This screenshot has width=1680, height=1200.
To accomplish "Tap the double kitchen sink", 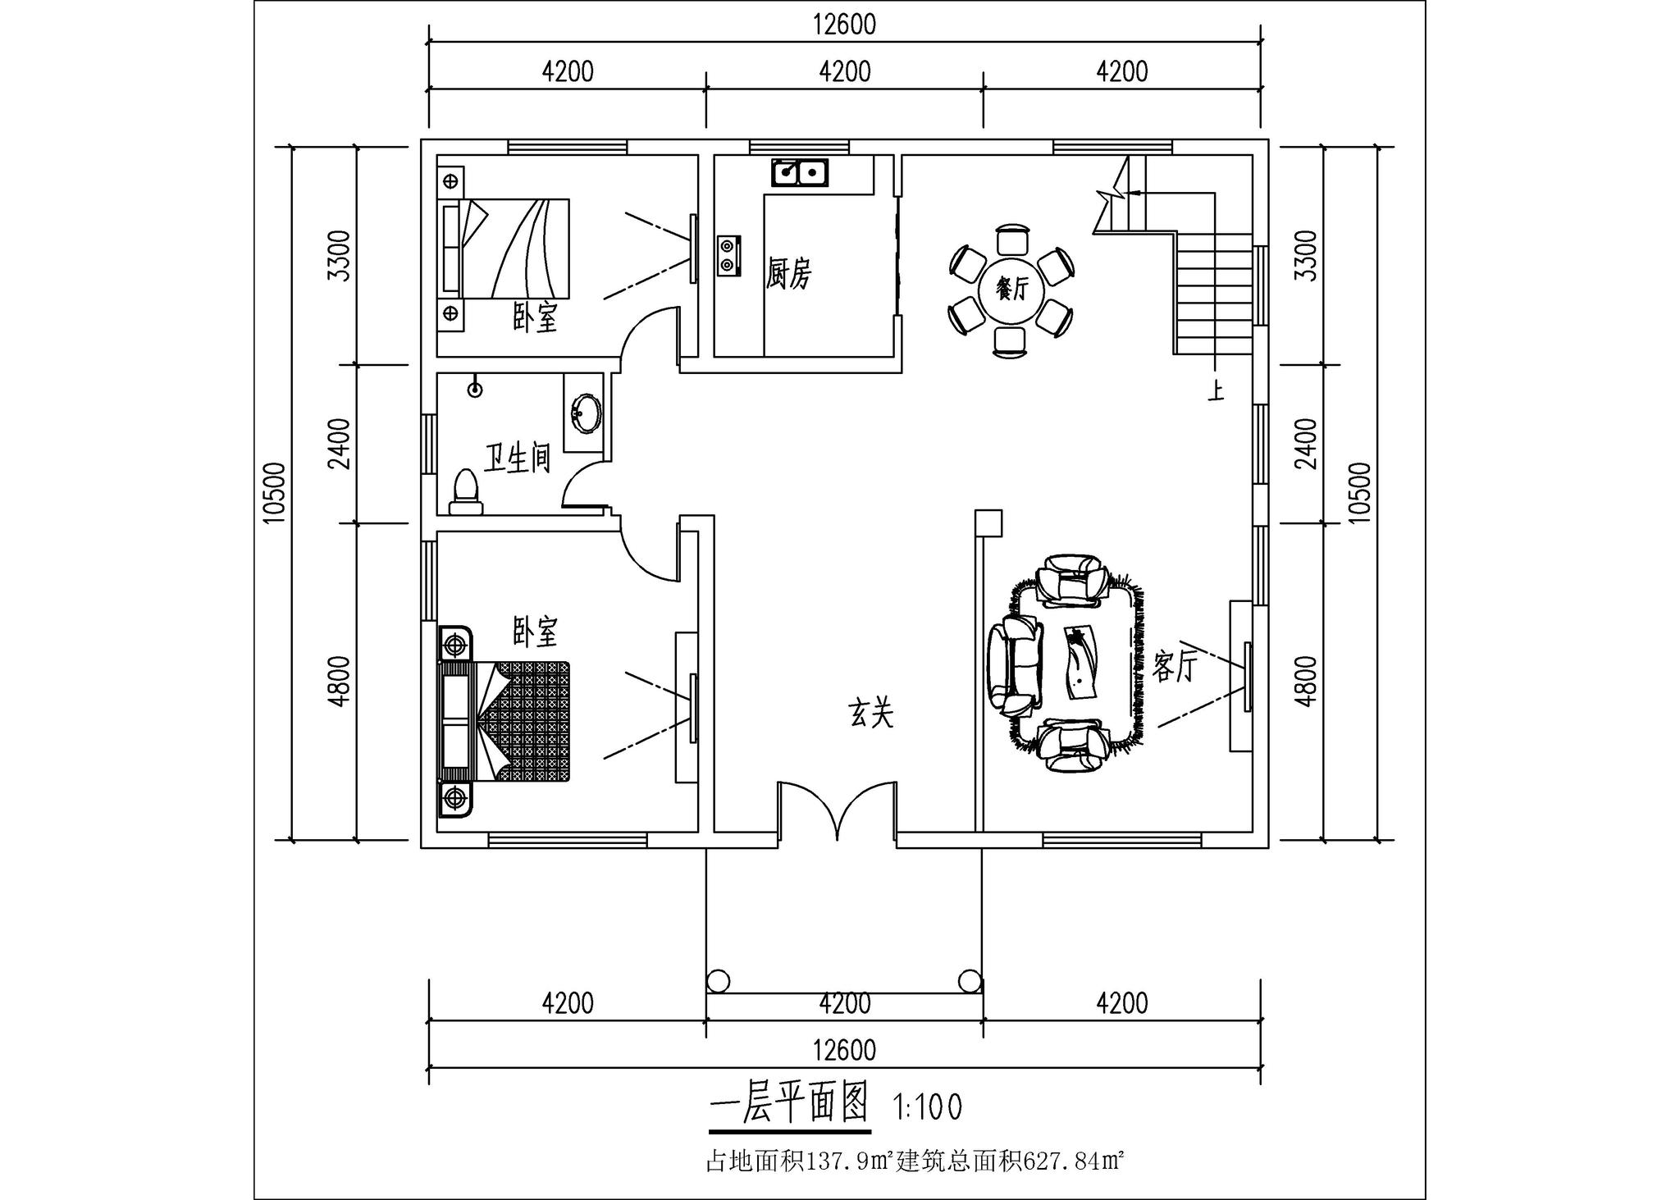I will coord(799,173).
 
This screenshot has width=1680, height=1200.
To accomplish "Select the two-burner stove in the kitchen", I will coord(728,254).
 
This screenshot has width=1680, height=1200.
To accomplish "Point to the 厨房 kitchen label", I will coord(788,273).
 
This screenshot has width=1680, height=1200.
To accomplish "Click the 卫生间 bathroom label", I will coord(516,459).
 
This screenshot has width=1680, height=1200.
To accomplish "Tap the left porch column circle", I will coord(718,980).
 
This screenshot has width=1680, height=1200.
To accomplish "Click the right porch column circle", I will coord(970,980).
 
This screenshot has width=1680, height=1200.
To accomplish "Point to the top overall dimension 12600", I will coord(845,25).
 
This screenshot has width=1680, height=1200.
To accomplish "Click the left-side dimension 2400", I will coord(340,444).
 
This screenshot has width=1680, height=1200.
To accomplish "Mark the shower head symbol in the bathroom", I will coord(474,390).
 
